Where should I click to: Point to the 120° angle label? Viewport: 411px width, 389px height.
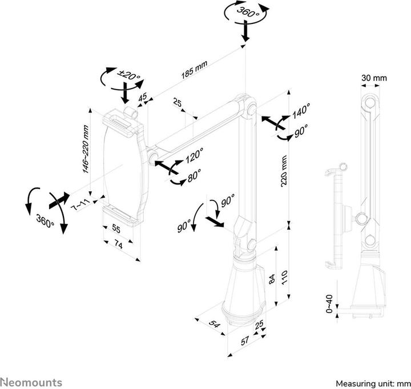[194, 155]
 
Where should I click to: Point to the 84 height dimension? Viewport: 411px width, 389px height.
[272, 279]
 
